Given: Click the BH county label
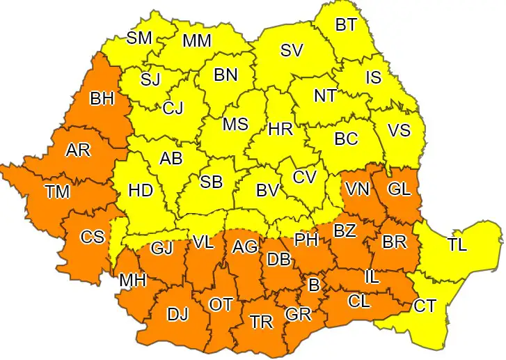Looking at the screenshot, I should (x=102, y=98).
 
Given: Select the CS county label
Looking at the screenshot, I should (x=92, y=237).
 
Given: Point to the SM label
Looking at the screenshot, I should (x=139, y=38).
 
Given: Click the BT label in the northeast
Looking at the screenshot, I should (x=346, y=25).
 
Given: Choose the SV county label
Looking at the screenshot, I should (x=292, y=50).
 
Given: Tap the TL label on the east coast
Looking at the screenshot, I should (x=457, y=244).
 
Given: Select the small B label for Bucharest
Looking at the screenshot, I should (x=314, y=284).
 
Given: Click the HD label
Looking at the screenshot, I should (x=141, y=190).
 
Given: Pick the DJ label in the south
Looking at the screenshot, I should (x=177, y=314).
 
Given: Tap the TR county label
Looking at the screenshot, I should (x=261, y=321).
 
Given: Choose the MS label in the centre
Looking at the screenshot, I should (x=235, y=125).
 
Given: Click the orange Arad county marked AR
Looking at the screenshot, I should (x=77, y=150).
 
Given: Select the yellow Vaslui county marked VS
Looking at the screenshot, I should (x=399, y=130).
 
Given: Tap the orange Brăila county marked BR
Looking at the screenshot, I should (x=395, y=243).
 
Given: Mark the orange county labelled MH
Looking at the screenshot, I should (x=132, y=280).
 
